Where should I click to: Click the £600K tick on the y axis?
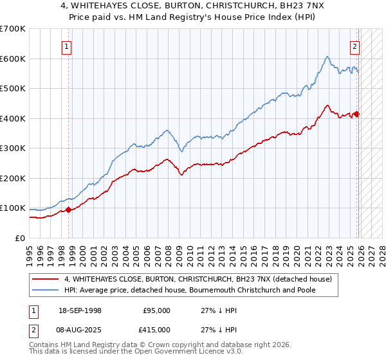[x=13, y=59]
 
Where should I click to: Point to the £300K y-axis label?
[x=13, y=148]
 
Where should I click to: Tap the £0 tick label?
[x=19, y=239]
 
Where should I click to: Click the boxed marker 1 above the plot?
[x=68, y=46]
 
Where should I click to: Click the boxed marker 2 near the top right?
[x=355, y=46]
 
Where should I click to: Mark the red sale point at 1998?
[x=69, y=209]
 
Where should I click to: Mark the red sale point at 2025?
[x=356, y=114]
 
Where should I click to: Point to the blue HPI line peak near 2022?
[x=327, y=57]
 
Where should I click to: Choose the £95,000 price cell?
[x=156, y=310]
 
